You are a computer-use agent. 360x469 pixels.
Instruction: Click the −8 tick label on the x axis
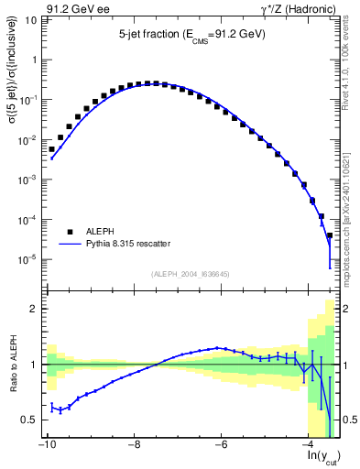[x=134, y=445]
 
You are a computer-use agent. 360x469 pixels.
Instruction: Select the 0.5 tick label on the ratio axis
[x=30, y=420]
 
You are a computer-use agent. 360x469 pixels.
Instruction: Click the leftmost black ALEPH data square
[x=52, y=149]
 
